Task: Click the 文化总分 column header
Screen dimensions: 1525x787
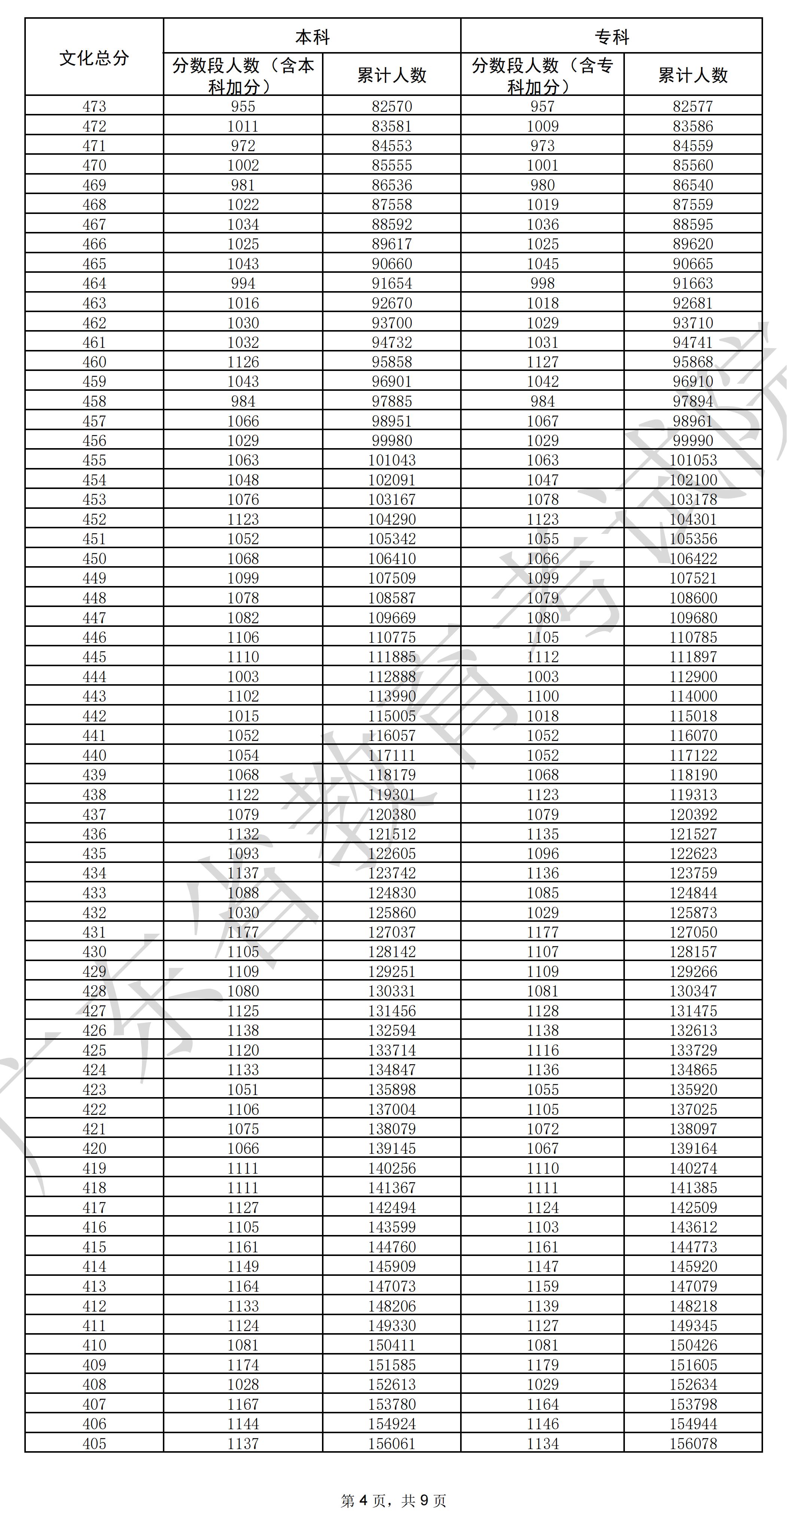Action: point(94,57)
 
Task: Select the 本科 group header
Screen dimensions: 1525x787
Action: point(312,37)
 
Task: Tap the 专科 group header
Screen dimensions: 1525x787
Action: point(611,37)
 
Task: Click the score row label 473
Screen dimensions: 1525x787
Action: point(94,106)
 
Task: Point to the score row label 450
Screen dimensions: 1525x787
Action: point(94,558)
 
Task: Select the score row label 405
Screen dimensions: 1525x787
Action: point(94,1443)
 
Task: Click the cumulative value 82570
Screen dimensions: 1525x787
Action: point(392,106)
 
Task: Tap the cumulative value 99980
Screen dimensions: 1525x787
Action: point(392,440)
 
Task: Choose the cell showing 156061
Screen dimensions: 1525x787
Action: point(392,1443)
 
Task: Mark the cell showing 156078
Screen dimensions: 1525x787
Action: point(693,1443)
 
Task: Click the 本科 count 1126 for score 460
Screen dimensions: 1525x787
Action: point(243,362)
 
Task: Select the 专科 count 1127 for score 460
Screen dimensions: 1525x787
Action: point(543,362)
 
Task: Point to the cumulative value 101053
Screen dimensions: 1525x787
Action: point(693,460)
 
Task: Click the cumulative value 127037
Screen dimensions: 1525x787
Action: point(392,932)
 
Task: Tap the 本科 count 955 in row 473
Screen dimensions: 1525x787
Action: point(243,106)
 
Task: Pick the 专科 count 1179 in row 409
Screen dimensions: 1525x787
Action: point(543,1365)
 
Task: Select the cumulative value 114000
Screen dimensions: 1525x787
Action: point(693,696)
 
